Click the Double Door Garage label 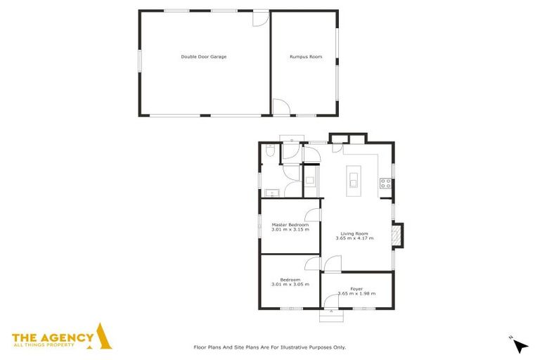(203, 56)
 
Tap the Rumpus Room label (306, 56)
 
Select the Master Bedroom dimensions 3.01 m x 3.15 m (290, 229)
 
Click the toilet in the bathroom (271, 152)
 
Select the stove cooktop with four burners (385, 184)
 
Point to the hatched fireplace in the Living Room (399, 236)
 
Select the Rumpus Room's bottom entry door (281, 108)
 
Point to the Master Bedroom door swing (314, 215)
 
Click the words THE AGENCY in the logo (53, 337)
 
